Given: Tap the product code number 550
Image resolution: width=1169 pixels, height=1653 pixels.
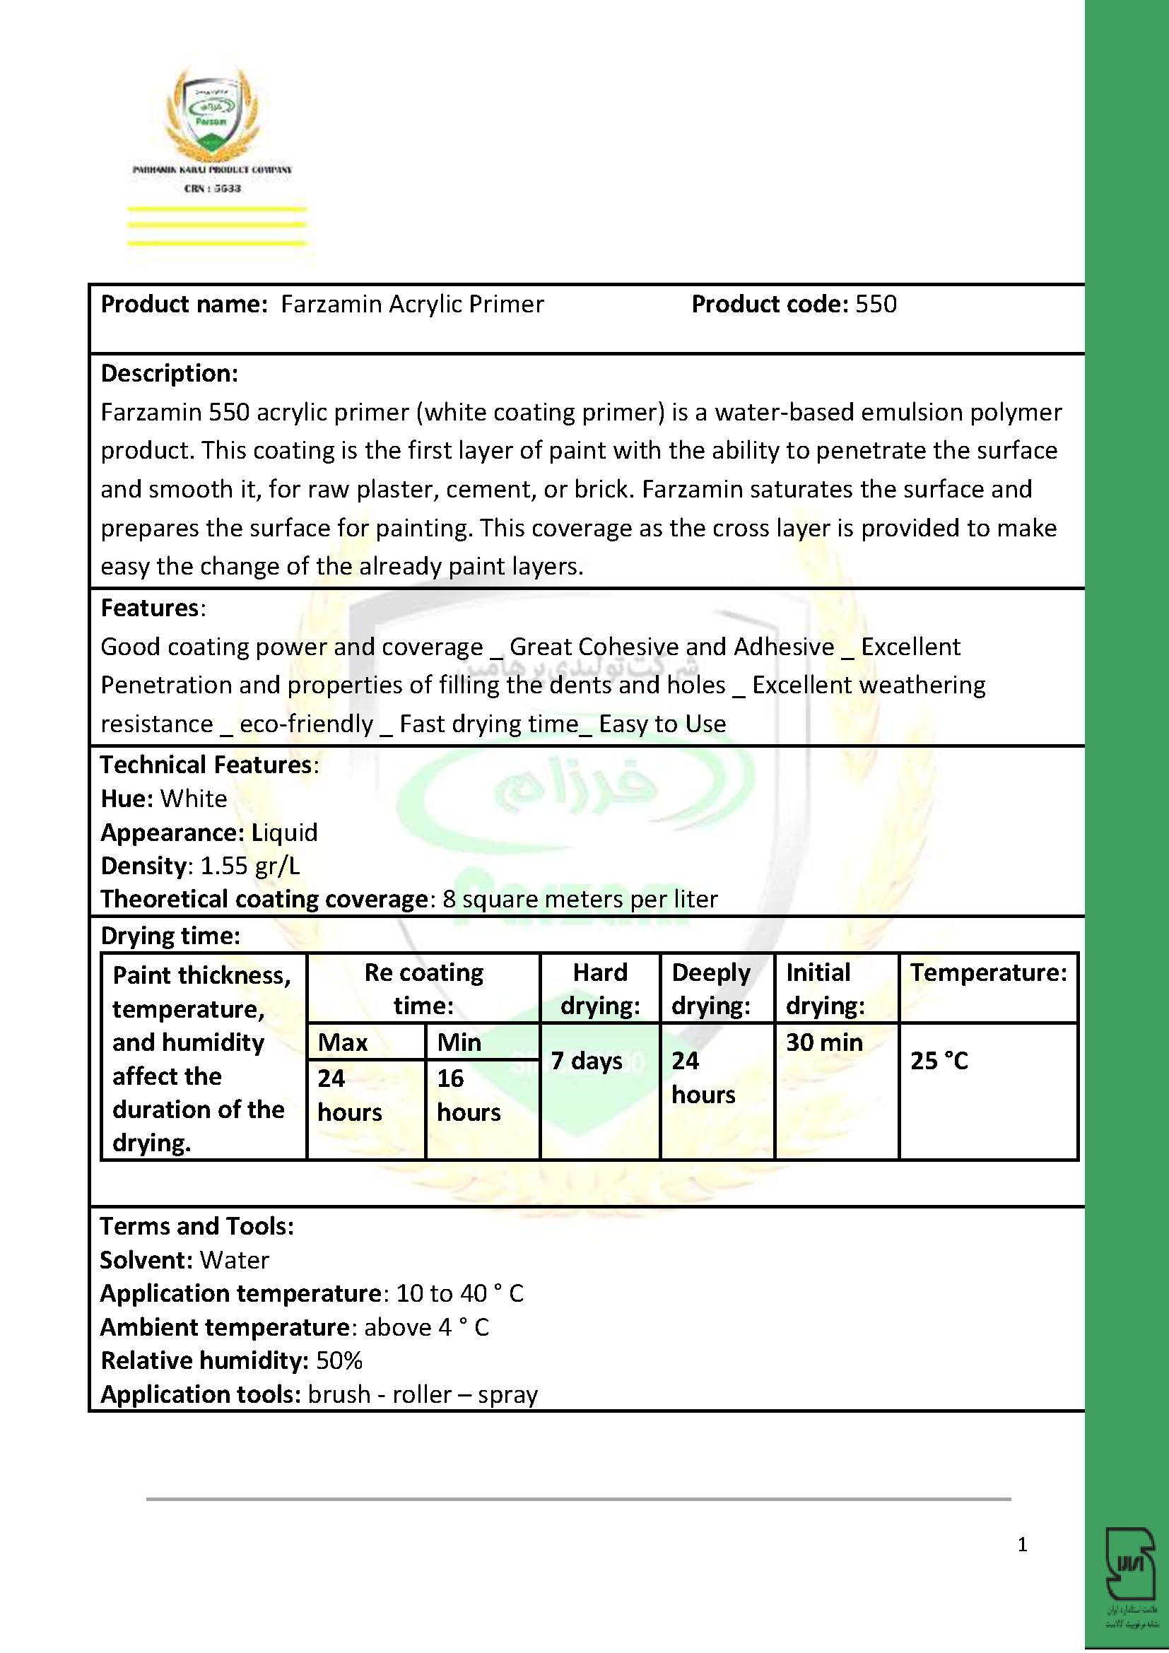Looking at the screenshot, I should [x=875, y=305].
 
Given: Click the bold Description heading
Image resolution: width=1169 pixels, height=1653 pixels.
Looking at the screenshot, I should [x=169, y=374].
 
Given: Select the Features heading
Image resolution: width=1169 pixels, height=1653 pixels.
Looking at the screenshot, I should [x=149, y=608].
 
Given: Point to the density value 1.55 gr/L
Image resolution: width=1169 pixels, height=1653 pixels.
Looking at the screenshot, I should [x=249, y=866].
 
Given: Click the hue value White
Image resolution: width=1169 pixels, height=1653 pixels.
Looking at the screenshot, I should [x=194, y=799].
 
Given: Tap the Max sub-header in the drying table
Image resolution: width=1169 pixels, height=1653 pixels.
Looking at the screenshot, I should [x=343, y=1042].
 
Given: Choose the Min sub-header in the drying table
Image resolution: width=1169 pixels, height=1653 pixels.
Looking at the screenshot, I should [x=459, y=1042].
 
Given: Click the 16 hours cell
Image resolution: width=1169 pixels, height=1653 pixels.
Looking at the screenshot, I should [x=468, y=1095].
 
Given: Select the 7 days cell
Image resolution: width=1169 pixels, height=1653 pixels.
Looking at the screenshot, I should [x=587, y=1061].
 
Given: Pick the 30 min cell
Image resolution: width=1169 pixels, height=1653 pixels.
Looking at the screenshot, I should [x=824, y=1042].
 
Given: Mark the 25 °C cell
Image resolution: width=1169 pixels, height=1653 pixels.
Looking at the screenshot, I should [x=939, y=1061].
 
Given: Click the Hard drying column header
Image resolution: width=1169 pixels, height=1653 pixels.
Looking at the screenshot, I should [x=600, y=989].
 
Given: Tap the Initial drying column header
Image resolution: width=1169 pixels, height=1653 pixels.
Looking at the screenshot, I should [x=825, y=989].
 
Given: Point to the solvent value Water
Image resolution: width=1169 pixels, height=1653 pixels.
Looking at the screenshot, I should [x=234, y=1260].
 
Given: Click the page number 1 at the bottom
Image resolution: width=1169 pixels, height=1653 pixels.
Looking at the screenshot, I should [x=1022, y=1544].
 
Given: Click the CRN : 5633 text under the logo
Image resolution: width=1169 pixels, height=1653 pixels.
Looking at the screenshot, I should [x=212, y=189].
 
